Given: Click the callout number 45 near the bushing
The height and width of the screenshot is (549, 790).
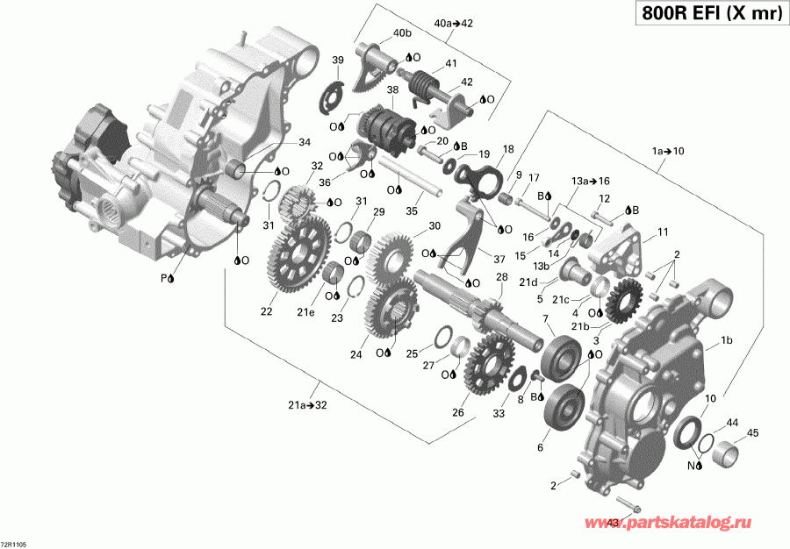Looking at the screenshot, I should (752, 432).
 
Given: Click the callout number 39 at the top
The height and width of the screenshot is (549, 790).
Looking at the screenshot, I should (337, 60).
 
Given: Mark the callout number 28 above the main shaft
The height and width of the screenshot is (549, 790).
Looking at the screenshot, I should (502, 278).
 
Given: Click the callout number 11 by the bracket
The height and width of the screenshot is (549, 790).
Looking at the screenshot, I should (663, 232).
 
